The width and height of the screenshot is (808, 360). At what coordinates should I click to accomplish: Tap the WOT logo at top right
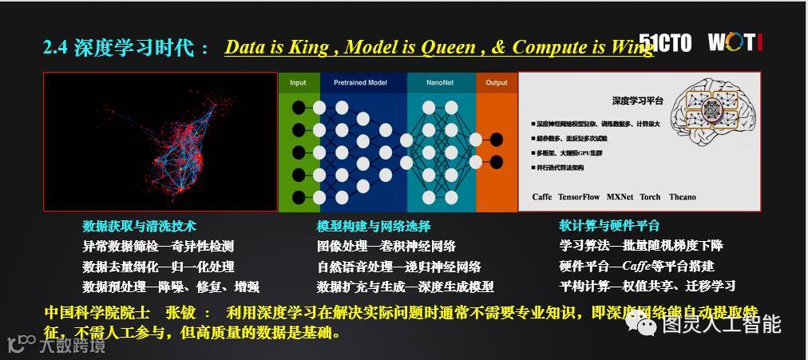735,42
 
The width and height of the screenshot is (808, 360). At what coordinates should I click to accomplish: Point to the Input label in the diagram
298,83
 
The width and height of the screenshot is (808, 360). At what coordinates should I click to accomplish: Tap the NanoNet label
441,83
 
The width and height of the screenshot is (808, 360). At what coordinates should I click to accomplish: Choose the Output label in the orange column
497,83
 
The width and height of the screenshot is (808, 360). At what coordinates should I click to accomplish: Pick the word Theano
682,197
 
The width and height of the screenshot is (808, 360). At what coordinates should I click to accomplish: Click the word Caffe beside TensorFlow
542,197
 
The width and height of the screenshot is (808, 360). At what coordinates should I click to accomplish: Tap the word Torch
651,197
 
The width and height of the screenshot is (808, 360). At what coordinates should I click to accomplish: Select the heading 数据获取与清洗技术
139,226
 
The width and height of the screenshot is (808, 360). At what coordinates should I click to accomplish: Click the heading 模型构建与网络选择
374,226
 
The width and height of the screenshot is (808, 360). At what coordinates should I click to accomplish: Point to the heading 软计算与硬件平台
608,226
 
